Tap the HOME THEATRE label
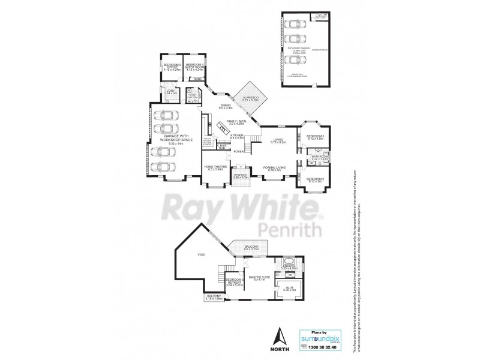click(215, 168)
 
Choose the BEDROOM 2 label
click(316, 179)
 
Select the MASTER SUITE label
click(259, 278)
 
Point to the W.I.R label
click(289, 287)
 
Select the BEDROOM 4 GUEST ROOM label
click(195, 67)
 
